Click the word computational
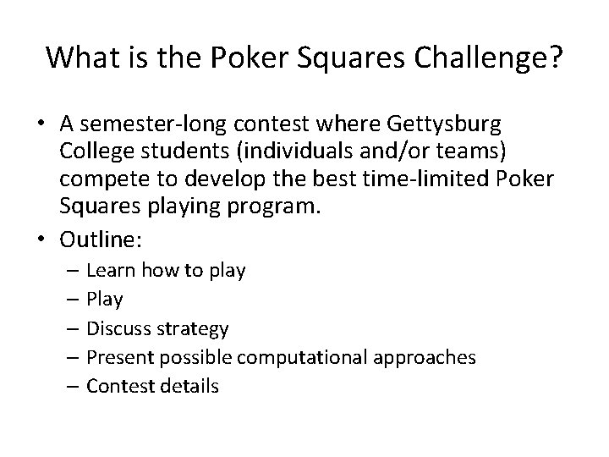click(302, 358)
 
